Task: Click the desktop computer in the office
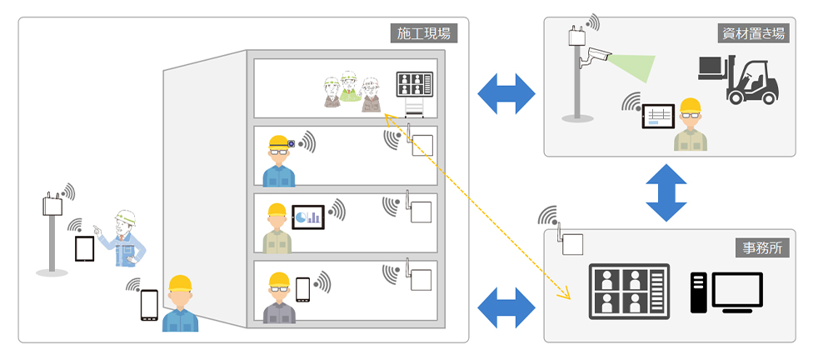pos(726,292)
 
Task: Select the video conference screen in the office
pos(628,292)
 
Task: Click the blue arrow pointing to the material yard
pos(507,92)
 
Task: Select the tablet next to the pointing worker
pos(84,249)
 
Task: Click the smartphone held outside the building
pos(149,305)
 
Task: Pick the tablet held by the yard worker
pos(656,116)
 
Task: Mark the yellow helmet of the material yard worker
pos(690,106)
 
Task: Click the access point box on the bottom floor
pos(421,280)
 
